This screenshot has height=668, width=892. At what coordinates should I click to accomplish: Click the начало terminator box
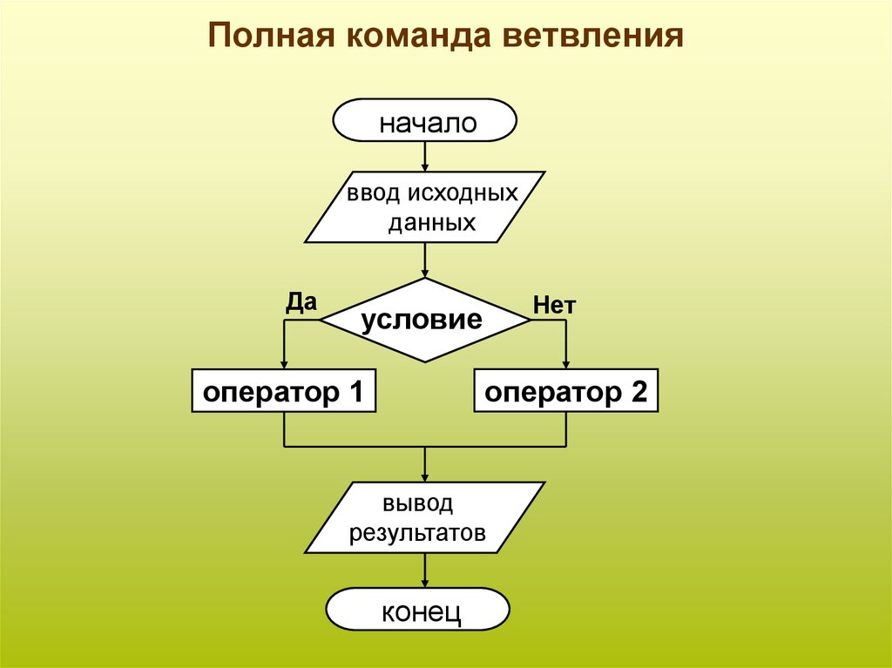pyautogui.click(x=425, y=121)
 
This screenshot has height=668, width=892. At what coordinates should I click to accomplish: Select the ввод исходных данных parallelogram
pyautogui.click(x=425, y=206)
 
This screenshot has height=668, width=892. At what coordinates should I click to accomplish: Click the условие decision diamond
pyautogui.click(x=425, y=321)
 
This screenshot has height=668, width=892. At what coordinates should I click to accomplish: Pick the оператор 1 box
pyautogui.click(x=284, y=392)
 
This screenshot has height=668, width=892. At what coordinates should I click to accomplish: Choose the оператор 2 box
pyautogui.click(x=566, y=392)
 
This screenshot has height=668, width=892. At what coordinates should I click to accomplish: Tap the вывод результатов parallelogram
pyautogui.click(x=425, y=518)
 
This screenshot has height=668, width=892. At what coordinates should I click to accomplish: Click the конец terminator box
pyautogui.click(x=418, y=610)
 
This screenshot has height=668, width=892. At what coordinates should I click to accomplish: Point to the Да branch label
pyautogui.click(x=301, y=301)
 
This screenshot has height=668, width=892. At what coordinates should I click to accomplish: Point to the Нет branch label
pyautogui.click(x=555, y=305)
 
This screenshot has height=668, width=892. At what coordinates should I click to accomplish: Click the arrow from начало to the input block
pyautogui.click(x=425, y=157)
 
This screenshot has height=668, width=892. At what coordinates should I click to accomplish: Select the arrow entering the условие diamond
pyautogui.click(x=425, y=261)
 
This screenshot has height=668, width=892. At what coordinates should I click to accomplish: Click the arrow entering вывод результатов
pyautogui.click(x=425, y=467)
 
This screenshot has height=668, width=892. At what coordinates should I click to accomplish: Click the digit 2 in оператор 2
pyautogui.click(x=639, y=392)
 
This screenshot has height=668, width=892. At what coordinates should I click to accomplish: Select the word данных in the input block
pyautogui.click(x=432, y=222)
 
